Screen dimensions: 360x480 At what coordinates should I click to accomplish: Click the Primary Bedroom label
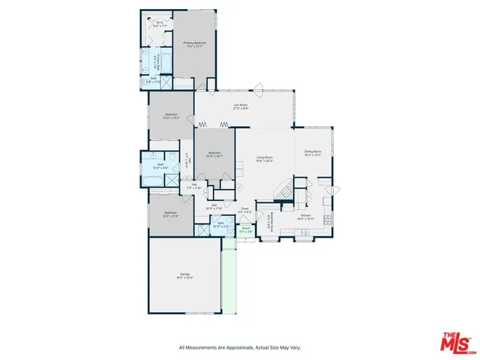(x=194, y=44)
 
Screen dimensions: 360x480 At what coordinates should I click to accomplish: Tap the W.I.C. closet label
(x=159, y=23)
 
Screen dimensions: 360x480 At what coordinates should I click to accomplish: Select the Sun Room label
(x=240, y=107)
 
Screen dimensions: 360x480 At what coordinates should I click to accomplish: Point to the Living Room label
(x=264, y=159)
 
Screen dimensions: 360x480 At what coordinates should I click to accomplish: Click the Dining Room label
(x=313, y=154)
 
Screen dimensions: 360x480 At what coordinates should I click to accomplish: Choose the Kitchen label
(x=305, y=217)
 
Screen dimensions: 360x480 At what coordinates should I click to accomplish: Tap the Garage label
(x=184, y=276)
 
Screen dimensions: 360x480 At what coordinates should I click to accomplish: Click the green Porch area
(x=245, y=232)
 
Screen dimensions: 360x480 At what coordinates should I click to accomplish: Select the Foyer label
(x=244, y=212)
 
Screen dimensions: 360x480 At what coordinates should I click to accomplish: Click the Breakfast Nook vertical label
(x=268, y=223)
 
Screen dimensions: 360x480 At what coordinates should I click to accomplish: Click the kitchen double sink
(x=304, y=235)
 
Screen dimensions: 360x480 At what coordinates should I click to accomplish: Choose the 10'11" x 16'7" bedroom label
(x=214, y=155)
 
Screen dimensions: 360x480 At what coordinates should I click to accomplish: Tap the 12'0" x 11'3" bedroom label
(x=171, y=214)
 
